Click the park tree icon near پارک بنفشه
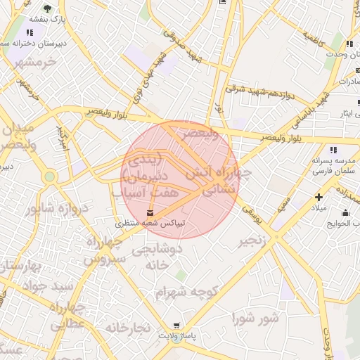pyautogui.click(x=47, y=9)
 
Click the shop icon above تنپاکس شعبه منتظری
pyautogui.click(x=150, y=212)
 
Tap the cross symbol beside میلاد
pyautogui.click(x=319, y=198)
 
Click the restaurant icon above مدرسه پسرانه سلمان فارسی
pyautogui.click(x=333, y=150)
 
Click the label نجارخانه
pyautogui.click(x=128, y=328)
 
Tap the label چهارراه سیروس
pyautogui.click(x=103, y=250)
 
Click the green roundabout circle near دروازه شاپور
pyautogui.click(x=49, y=176)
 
